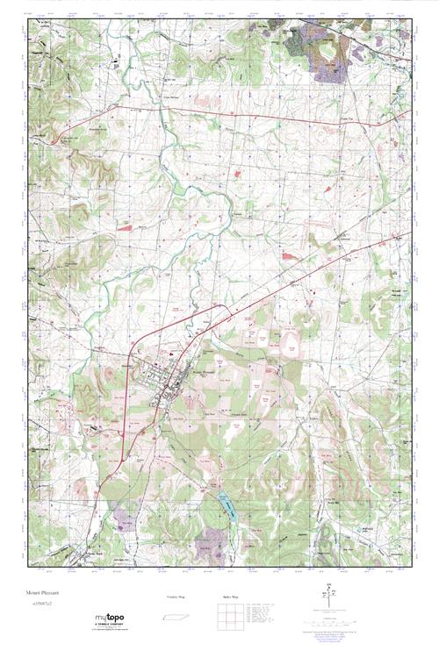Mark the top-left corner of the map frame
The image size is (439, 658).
click(27, 17)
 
